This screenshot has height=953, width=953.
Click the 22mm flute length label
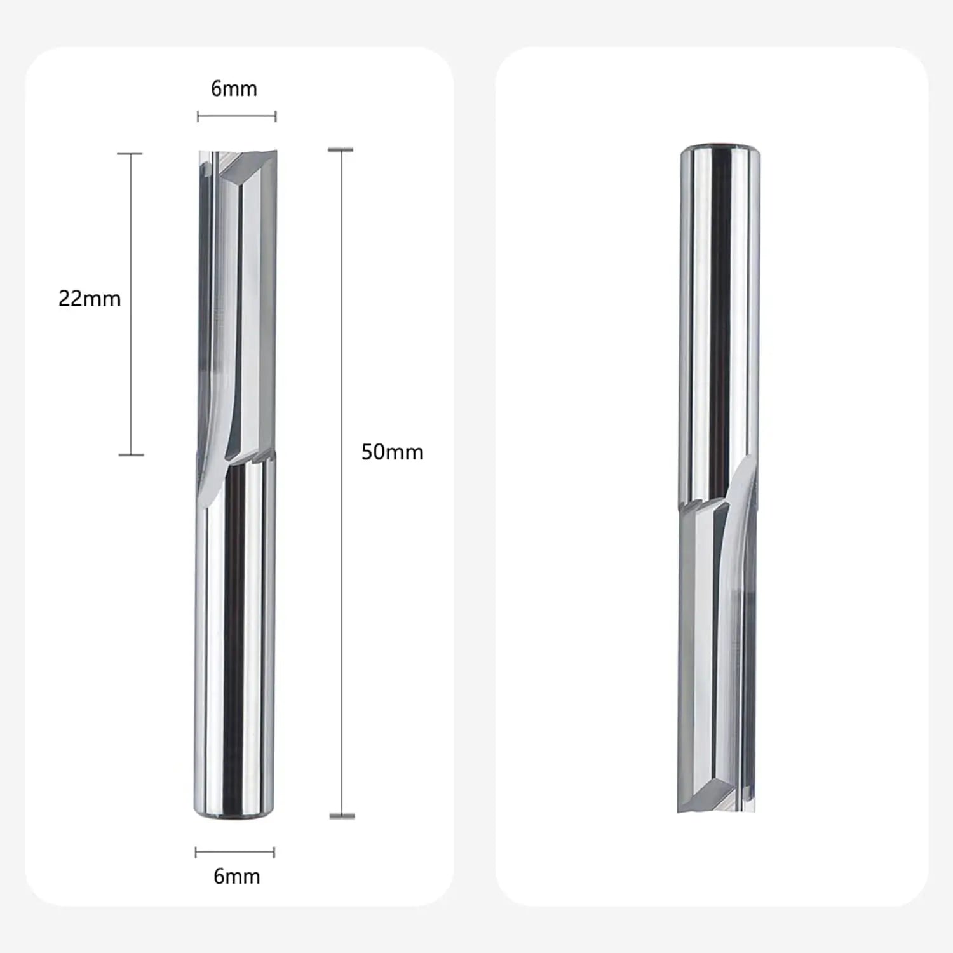pyautogui.click(x=90, y=298)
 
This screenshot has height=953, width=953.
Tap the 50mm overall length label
pyautogui.click(x=392, y=452)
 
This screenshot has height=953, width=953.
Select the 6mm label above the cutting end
pyautogui.click(x=234, y=89)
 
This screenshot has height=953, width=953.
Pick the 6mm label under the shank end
pyautogui.click(x=236, y=877)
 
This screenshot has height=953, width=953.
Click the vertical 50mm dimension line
pyautogui.click(x=341, y=483)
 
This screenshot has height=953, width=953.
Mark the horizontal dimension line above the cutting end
pyautogui.click(x=236, y=116)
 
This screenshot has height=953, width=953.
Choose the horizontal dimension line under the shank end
pyautogui.click(x=234, y=852)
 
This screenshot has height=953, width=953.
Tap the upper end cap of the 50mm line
pyautogui.click(x=341, y=150)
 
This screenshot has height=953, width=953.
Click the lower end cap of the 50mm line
pyautogui.click(x=342, y=816)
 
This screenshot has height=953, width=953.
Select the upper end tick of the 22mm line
pyautogui.click(x=130, y=154)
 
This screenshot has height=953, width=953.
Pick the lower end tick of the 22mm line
pyautogui.click(x=131, y=454)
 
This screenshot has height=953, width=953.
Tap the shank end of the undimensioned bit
pyautogui.click(x=720, y=151)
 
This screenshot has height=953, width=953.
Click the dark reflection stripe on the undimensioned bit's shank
pyautogui.click(x=720, y=318)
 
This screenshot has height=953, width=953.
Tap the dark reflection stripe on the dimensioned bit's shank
pyautogui.click(x=234, y=635)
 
